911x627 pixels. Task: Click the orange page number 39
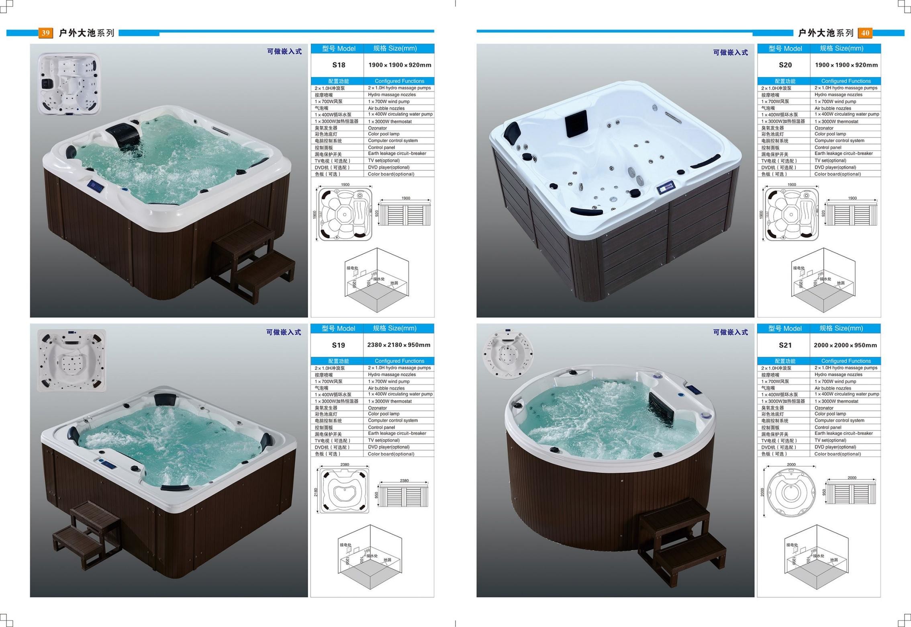[45, 33]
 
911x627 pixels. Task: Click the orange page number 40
[865, 33]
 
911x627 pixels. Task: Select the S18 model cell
[339, 65]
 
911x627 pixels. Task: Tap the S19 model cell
[338, 345]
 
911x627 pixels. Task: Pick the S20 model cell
[785, 65]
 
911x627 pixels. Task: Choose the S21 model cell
[785, 345]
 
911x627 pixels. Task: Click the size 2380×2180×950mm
[399, 345]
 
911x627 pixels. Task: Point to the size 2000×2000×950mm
[846, 345]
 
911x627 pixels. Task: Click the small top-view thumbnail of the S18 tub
[69, 84]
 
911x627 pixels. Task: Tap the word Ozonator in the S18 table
[377, 128]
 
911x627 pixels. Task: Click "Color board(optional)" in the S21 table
[837, 454]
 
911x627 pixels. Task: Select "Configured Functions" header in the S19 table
[399, 361]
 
